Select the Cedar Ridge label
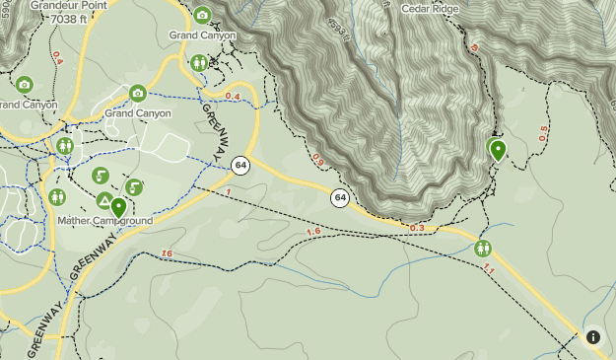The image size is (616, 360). pyautogui.click(x=431, y=8)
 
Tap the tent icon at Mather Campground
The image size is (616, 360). pyautogui.click(x=103, y=200)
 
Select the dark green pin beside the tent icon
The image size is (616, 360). pyautogui.click(x=118, y=207)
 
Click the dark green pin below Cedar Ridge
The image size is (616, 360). pyautogui.click(x=498, y=150)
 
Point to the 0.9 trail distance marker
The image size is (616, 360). pyautogui.click(x=317, y=158)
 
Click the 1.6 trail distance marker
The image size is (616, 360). pyautogui.click(x=313, y=232)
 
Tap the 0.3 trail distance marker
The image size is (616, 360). pyautogui.click(x=416, y=228)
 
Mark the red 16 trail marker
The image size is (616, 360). pyautogui.click(x=167, y=254)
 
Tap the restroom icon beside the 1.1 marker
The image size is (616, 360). pyautogui.click(x=483, y=248)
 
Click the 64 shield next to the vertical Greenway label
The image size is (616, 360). pyautogui.click(x=240, y=165)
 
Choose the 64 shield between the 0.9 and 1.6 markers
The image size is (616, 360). pyautogui.click(x=340, y=197)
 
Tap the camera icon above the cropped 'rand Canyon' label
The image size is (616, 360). pyautogui.click(x=24, y=86)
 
